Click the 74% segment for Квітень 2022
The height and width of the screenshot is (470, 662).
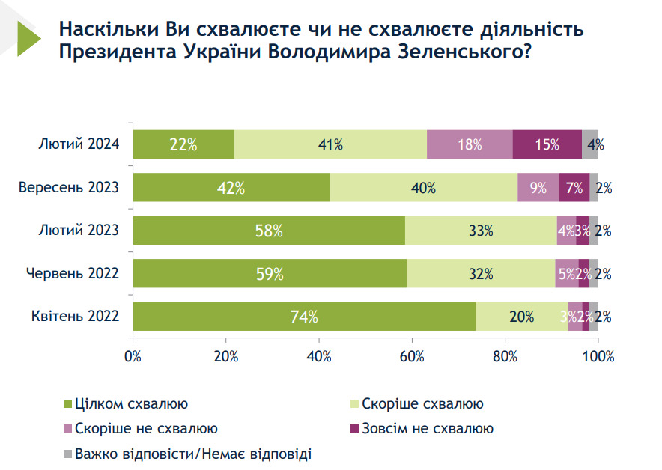click(x=304, y=317)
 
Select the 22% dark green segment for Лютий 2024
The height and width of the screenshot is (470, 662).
click(x=183, y=144)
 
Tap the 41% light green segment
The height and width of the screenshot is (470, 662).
click(x=330, y=144)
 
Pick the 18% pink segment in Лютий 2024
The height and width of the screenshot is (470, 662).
click(x=470, y=144)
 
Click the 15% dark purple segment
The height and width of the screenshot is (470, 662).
click(x=547, y=144)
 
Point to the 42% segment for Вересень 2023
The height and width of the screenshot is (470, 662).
click(x=231, y=188)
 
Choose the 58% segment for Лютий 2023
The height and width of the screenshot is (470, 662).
click(x=269, y=231)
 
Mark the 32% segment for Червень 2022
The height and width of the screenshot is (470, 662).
click(x=480, y=274)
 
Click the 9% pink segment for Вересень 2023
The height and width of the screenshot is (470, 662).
click(x=538, y=188)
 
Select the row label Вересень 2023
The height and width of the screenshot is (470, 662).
click(x=69, y=188)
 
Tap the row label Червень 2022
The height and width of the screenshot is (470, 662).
click(x=72, y=274)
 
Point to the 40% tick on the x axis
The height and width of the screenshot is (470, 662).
click(x=319, y=356)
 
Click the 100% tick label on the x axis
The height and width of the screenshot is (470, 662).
click(x=598, y=356)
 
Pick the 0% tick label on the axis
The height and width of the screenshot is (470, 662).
click(x=133, y=356)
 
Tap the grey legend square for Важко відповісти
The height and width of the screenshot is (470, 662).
click(x=69, y=454)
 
